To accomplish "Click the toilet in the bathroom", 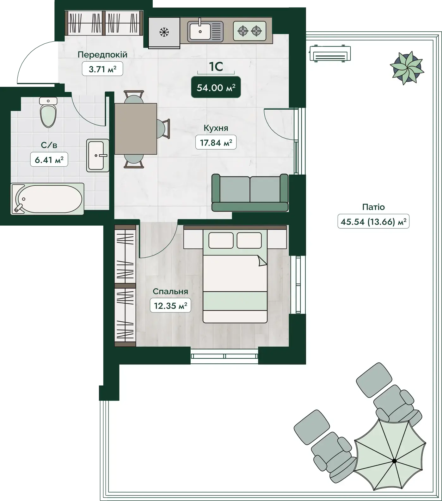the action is [48, 112].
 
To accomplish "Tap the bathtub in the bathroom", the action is [47, 199].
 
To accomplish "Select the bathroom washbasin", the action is [98, 155].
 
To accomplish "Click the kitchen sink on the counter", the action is [205, 31].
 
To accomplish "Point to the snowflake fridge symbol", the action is [164, 32].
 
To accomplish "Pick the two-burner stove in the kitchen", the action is [249, 31].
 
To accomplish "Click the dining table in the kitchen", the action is [136, 129].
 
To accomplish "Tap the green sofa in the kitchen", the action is [250, 193].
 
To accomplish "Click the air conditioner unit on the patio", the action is [330, 53].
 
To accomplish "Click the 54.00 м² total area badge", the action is [216, 87].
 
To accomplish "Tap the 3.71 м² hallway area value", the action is [102, 69].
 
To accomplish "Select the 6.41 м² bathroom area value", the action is [49, 160].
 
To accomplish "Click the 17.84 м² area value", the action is [216, 143].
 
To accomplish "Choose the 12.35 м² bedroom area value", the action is [170, 306].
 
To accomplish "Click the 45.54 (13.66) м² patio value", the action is [373, 221].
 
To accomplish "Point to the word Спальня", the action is [170, 291].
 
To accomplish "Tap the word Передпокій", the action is [102, 54].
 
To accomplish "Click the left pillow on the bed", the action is [221, 240].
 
